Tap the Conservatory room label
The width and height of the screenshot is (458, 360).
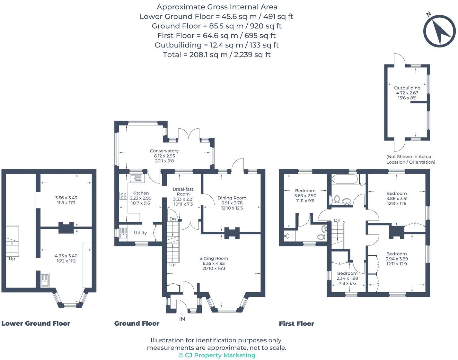click(x=164, y=151)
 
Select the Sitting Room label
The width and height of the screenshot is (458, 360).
click(x=214, y=258)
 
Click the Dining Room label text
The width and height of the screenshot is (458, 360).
click(x=232, y=198)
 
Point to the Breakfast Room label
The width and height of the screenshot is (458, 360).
click(x=183, y=192)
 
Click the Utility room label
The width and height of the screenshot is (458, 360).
click(x=140, y=233)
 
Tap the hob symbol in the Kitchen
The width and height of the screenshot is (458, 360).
click(x=123, y=195)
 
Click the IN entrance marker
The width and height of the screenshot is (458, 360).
click(x=182, y=319)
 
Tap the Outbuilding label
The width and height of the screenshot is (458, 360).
click(x=407, y=88)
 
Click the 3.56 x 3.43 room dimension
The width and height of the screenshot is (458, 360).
click(x=66, y=198)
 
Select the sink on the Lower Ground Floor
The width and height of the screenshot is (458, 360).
click(x=45, y=280)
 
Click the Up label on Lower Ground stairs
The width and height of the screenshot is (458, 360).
click(x=12, y=259)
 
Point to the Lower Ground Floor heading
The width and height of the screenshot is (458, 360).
click(x=36, y=323)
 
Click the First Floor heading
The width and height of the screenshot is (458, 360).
click(x=296, y=324)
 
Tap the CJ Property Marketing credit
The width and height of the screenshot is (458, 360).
click(x=217, y=355)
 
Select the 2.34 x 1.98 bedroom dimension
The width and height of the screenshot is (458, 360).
click(x=347, y=279)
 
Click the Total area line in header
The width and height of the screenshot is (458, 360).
click(x=217, y=55)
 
